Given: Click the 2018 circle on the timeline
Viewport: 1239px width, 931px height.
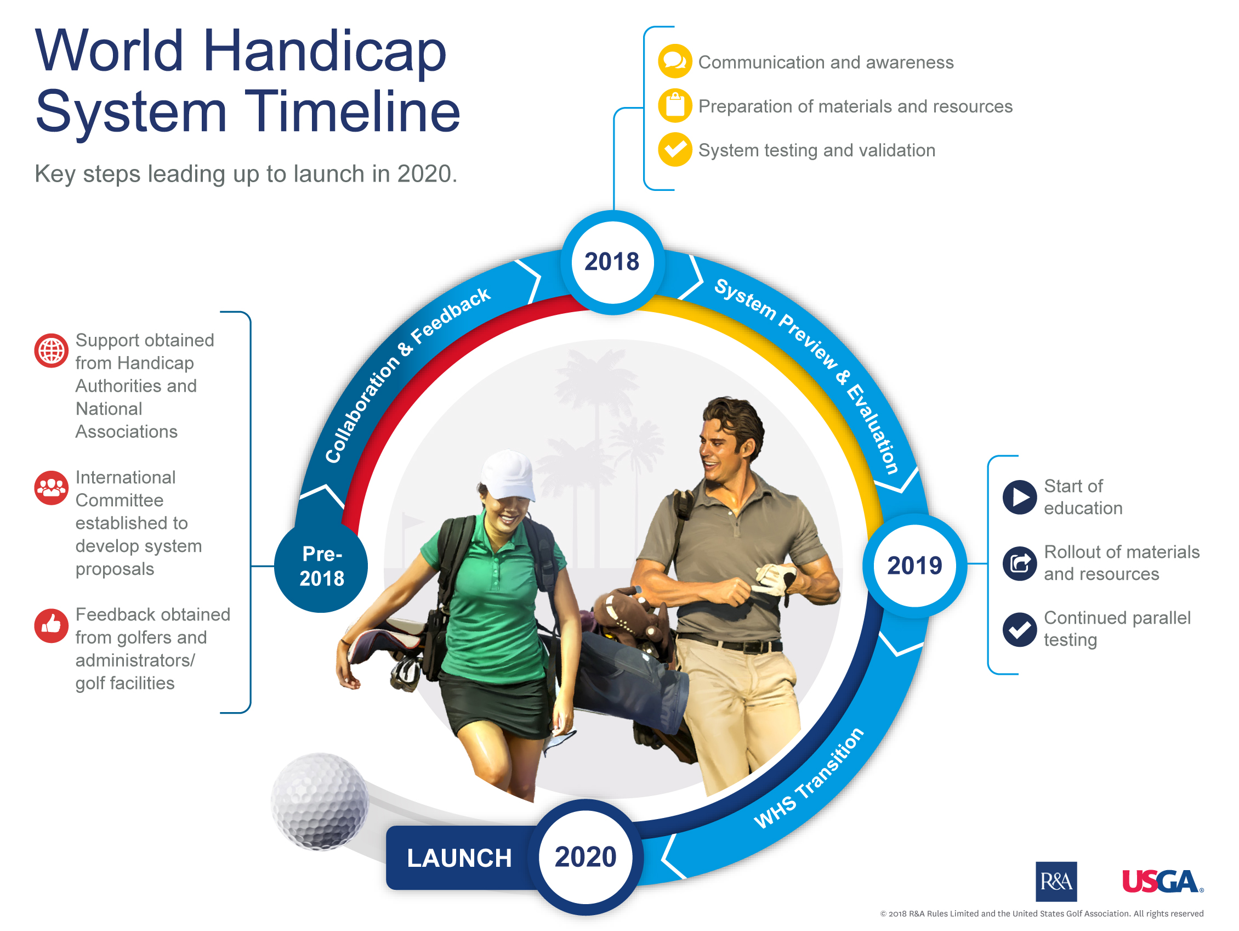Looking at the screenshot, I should (x=612, y=262).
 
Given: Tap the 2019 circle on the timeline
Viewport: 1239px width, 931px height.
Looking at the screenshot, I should (x=914, y=565).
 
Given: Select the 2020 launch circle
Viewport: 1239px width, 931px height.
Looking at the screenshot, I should (x=586, y=856).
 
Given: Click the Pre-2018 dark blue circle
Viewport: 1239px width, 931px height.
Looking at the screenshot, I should (x=321, y=566).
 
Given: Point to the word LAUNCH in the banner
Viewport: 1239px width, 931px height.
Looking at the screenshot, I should (x=459, y=857).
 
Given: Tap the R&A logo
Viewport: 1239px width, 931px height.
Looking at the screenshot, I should (x=1056, y=881).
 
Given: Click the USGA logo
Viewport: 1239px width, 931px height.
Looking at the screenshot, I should (x=1162, y=881).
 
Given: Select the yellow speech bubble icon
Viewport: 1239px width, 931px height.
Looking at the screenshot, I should (x=674, y=61).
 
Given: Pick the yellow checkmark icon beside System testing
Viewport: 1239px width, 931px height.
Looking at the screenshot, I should (x=674, y=150).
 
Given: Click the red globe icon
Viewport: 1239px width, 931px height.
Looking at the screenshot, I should (x=51, y=351).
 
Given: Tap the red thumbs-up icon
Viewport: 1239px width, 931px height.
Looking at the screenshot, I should (x=51, y=625).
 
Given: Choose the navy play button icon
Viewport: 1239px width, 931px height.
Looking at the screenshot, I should (x=1019, y=496).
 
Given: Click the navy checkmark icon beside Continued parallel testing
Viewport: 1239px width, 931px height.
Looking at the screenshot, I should (x=1019, y=629).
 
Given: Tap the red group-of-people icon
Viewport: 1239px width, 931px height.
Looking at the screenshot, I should (x=51, y=488).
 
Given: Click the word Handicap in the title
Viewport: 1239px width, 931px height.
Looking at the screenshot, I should (x=325, y=52).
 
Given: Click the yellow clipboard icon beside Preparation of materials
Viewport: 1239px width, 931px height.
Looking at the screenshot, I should (x=674, y=105).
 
